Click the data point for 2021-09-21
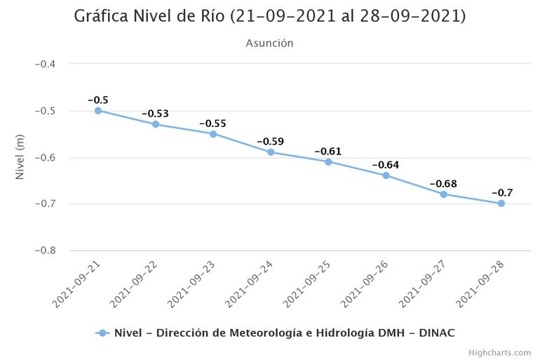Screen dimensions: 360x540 (x=98, y=111)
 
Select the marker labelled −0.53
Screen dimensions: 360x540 (x=156, y=124)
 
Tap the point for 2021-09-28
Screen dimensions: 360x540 (x=501, y=204)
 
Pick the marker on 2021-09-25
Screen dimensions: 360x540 (x=328, y=162)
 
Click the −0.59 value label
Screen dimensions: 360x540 (x=270, y=142)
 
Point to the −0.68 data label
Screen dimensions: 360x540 (x=443, y=184)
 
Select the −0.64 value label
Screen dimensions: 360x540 (x=385, y=165)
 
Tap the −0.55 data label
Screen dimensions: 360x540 (x=212, y=124)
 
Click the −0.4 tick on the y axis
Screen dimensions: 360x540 (x=46, y=64)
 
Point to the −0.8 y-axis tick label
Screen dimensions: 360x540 (x=46, y=251)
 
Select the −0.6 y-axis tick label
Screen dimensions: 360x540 (x=46, y=157)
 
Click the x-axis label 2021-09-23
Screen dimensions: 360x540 (x=191, y=284)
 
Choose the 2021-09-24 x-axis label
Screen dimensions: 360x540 (x=249, y=284)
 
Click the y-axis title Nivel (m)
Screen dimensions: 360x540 (x=20, y=157)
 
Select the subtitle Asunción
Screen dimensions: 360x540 (x=269, y=44)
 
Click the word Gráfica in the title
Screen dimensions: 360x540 (x=104, y=16)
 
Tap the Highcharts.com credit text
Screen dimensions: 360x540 (x=500, y=352)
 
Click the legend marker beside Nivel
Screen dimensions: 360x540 (x=102, y=333)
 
